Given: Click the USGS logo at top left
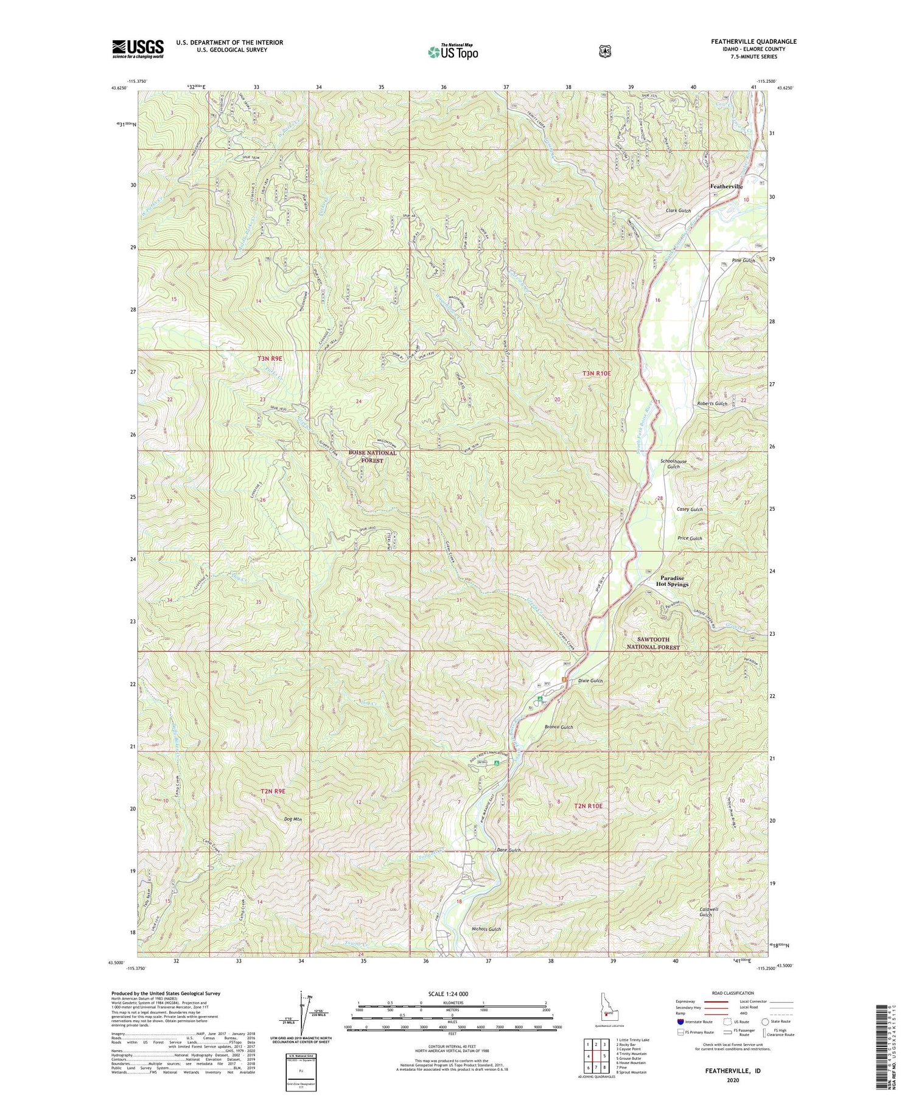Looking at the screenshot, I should tap(138, 49).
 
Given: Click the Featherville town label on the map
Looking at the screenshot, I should tap(726, 187).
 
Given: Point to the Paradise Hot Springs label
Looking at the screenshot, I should tap(672, 581).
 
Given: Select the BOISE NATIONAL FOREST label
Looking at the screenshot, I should tap(372, 457).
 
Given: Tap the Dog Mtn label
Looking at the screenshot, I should tap(293, 819).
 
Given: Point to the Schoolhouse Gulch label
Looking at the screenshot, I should tap(673, 464).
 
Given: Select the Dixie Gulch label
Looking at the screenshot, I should tap(590, 681).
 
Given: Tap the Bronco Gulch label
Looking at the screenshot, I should tap(559, 727).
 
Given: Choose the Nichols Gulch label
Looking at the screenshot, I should tap(486, 929).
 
